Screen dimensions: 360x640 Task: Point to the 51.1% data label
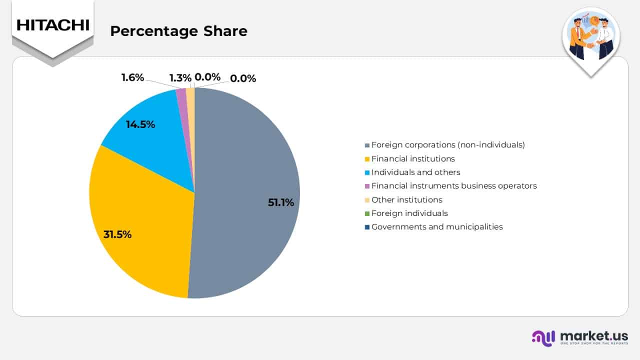tap(280, 202)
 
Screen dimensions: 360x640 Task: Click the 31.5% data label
tap(117, 234)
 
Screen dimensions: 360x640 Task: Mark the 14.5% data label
tap(140, 124)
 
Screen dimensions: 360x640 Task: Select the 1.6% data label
tap(132, 77)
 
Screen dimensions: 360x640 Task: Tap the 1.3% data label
tap(180, 78)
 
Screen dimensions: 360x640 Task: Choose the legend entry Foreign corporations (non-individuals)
tap(447, 145)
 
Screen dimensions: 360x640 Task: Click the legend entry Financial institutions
tap(412, 158)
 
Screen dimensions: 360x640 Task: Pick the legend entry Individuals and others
tap(415, 172)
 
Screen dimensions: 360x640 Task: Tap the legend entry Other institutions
tap(406, 199)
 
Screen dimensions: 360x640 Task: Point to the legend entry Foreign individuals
tap(409, 213)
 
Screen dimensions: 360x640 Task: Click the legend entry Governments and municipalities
tap(436, 226)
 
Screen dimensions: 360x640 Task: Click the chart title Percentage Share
tap(178, 31)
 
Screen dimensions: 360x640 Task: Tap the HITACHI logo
tap(52, 25)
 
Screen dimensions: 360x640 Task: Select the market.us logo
tap(580, 337)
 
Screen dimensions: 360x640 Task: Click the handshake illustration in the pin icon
tap(591, 37)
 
